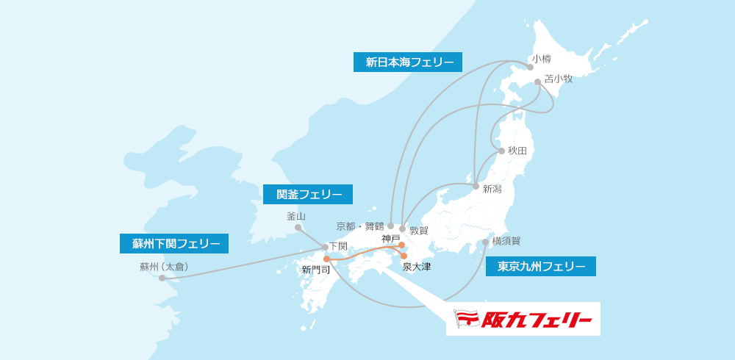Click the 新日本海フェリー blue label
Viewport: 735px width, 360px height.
tap(408, 62)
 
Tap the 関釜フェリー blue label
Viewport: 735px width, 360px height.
tap(308, 195)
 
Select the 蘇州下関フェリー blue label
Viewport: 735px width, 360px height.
tap(174, 244)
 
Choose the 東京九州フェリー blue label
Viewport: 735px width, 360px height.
tap(541, 267)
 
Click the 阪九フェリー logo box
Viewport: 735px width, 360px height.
tap(523, 319)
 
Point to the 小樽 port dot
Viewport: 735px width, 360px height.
tap(530, 67)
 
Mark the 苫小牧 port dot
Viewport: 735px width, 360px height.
tap(537, 82)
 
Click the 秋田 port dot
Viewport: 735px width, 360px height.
tap(501, 151)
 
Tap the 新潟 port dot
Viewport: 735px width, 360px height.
tap(476, 187)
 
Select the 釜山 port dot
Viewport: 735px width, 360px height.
tap(298, 228)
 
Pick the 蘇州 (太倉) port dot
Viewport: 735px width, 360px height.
tap(162, 278)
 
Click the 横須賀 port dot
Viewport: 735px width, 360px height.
tap(485, 242)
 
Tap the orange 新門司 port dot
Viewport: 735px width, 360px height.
tap(326, 259)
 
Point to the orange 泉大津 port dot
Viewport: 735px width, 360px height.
tap(404, 256)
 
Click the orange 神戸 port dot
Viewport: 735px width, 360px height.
tap(401, 245)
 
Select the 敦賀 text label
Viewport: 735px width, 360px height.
tap(418, 230)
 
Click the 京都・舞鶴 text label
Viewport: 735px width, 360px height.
tap(360, 226)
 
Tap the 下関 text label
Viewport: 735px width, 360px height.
tap(338, 246)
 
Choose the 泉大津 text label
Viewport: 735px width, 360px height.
tap(417, 267)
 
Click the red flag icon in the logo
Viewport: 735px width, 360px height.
tap(467, 319)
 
